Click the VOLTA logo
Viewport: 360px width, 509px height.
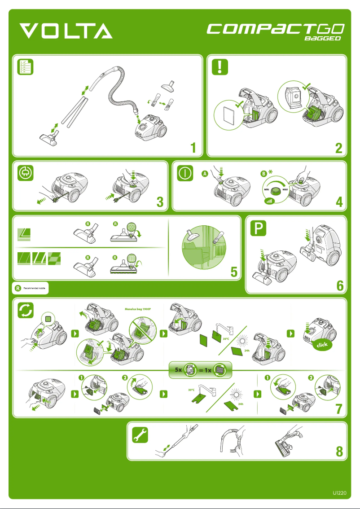66,31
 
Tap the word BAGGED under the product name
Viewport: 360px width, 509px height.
323,39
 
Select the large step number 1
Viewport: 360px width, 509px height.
193,147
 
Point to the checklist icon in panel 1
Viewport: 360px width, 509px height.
25,66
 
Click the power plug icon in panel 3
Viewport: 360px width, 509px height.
25,173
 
